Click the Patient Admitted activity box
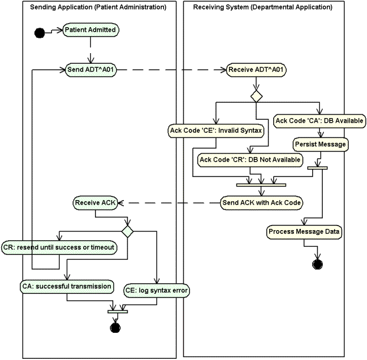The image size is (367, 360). click(x=90, y=30)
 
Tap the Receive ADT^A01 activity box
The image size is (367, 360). click(x=257, y=70)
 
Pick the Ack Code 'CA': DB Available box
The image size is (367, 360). click(x=319, y=120)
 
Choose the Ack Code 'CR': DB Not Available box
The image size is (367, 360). click(x=250, y=159)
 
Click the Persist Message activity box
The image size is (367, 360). click(x=320, y=143)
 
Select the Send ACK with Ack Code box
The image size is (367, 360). click(x=261, y=202)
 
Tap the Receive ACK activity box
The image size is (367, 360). click(x=96, y=203)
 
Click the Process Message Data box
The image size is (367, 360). click(x=304, y=232)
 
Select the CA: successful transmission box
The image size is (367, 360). click(x=67, y=286)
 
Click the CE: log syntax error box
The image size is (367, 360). click(x=156, y=290)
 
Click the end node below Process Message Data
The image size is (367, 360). click(x=317, y=263)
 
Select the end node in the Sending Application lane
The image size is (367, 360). click(x=116, y=327)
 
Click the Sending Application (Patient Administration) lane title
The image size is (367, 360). click(x=98, y=7)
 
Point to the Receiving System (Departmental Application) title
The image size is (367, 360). click(x=263, y=7)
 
